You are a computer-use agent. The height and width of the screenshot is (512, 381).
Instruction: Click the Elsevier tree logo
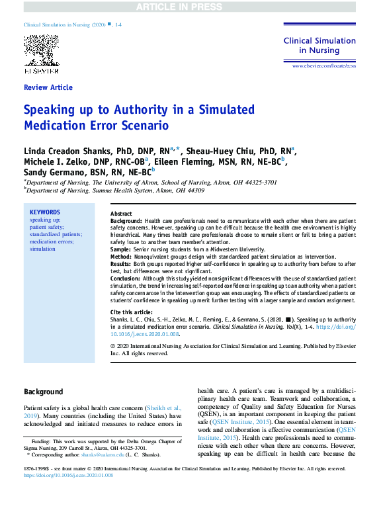point(41,50)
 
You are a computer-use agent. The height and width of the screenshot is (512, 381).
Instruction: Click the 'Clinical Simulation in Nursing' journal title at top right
point(319,45)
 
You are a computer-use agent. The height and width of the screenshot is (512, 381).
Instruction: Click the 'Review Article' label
point(48,87)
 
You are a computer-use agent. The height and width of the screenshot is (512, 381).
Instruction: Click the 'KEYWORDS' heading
point(44,212)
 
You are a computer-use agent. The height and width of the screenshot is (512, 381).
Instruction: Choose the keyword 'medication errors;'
point(52,241)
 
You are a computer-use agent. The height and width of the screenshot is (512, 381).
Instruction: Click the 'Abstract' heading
point(121,214)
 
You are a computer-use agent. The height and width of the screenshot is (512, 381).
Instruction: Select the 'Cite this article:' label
point(133,312)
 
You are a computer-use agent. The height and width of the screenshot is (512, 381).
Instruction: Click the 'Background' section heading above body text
point(44,392)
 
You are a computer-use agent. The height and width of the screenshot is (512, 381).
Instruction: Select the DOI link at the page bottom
point(69,475)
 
